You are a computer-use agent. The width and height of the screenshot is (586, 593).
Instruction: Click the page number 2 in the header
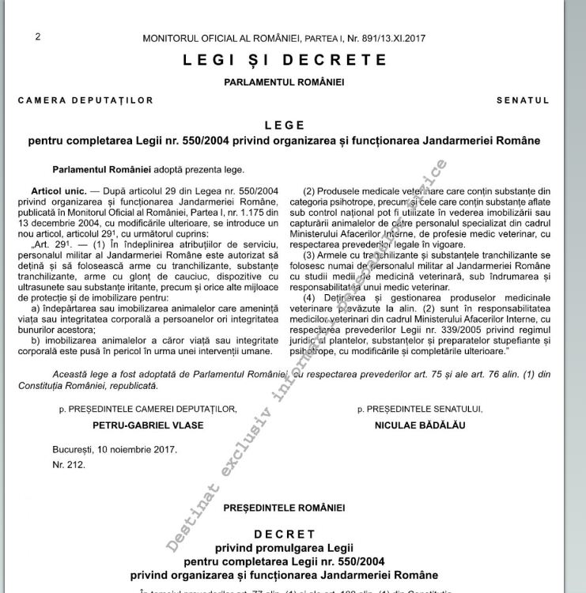38,36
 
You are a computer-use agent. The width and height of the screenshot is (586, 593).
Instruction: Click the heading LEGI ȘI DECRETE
285,60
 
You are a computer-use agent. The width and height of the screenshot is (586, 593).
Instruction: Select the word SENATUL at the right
523,100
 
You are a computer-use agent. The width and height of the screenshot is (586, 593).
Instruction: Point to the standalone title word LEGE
284,125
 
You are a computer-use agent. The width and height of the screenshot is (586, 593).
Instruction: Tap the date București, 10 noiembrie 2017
115,449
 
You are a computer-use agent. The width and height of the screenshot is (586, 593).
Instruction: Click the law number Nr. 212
69,464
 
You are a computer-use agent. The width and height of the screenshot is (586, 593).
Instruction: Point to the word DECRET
284,534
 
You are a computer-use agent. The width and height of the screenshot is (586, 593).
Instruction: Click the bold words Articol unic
59,191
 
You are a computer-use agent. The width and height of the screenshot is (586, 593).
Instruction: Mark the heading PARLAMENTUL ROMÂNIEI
284,82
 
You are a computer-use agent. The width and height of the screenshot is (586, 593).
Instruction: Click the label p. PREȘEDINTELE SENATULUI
419,409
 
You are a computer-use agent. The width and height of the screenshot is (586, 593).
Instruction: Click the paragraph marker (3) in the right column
311,255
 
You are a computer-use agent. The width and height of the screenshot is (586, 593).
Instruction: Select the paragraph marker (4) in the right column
311,298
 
